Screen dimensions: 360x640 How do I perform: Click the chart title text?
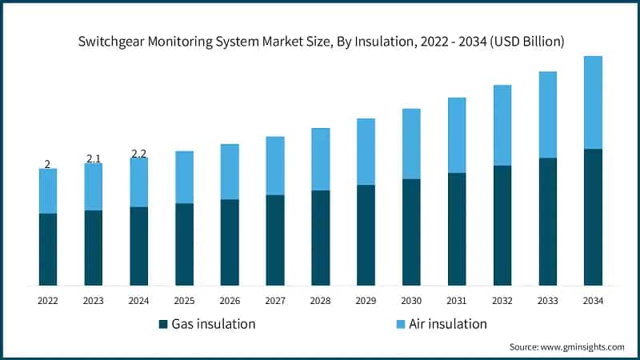pyautogui.click(x=320, y=42)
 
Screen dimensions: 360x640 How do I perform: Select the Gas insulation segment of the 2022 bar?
pyautogui.click(x=48, y=249)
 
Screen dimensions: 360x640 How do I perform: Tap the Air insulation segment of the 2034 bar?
pyautogui.click(x=593, y=102)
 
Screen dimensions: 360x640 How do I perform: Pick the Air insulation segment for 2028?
pyautogui.click(x=321, y=159)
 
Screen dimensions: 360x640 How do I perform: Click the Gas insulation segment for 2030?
pyautogui.click(x=411, y=232)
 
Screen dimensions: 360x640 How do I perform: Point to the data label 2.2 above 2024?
pyautogui.click(x=138, y=153)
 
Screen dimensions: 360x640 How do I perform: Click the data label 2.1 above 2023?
pyautogui.click(x=94, y=158)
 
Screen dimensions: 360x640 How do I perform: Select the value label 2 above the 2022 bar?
pyautogui.click(x=47, y=164)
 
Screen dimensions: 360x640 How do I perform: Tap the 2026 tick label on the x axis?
pyautogui.click(x=230, y=301)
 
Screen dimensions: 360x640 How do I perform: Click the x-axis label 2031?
pyautogui.click(x=457, y=301)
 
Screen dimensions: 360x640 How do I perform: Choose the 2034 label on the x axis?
pyautogui.click(x=593, y=301)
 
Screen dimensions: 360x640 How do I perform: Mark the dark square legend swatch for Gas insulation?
pyautogui.click(x=164, y=324)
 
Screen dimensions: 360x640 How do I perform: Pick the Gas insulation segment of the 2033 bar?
pyautogui.click(x=547, y=222)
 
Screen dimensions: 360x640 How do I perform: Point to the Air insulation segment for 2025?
pyautogui.click(x=184, y=177)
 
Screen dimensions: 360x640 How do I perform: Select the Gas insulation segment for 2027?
pyautogui.click(x=275, y=240)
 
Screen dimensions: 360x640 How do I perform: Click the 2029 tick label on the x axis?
pyautogui.click(x=366, y=301)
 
